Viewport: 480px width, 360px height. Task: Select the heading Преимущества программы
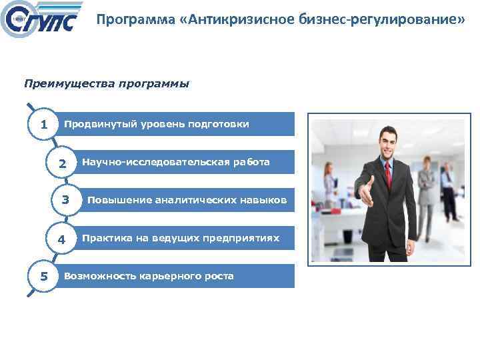106,84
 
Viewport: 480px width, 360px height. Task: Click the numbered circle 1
43,125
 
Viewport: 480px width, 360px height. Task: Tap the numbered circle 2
62,163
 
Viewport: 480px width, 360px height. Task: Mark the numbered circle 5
43,276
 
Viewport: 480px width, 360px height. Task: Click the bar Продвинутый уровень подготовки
176,124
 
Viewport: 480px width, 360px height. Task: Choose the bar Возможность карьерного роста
176,276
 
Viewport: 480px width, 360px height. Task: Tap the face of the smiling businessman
387,143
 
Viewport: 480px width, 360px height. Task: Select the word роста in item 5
220,276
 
